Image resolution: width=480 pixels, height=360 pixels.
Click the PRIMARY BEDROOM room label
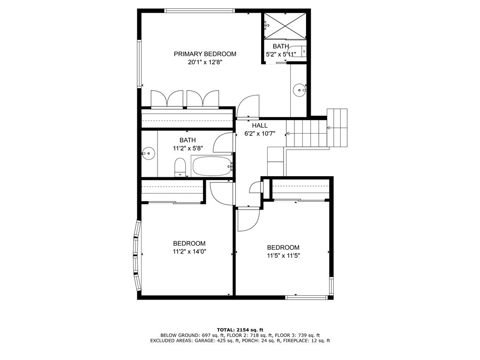coord(205,54)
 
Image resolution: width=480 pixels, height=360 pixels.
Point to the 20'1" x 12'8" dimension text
coord(205,62)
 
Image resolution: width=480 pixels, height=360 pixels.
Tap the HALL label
coord(260,126)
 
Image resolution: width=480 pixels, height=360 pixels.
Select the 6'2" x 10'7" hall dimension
coord(260,134)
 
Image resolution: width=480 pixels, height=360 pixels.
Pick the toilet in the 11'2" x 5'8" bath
coord(180,168)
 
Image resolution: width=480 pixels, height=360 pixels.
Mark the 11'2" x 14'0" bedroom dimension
coord(189,251)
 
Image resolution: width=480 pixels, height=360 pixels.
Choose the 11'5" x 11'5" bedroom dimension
coord(283,255)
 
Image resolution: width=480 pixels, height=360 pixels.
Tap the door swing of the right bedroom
coord(248,219)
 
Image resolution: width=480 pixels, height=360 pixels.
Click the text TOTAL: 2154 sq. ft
coord(240,330)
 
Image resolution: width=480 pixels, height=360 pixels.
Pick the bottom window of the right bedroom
coord(307,297)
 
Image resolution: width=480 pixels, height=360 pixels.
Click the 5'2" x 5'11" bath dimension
coord(281,54)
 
